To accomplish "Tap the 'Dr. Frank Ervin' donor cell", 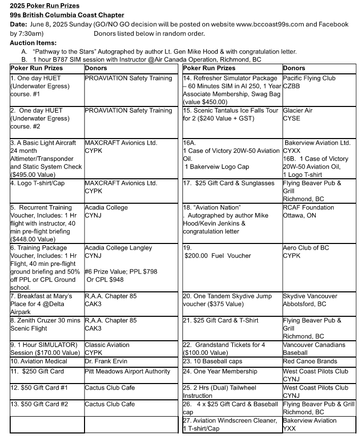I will pos(108,361).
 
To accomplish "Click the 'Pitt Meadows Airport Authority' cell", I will pos(127,371).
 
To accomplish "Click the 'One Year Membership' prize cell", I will pos(220,371).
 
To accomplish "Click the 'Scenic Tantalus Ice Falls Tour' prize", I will pos(232,111).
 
